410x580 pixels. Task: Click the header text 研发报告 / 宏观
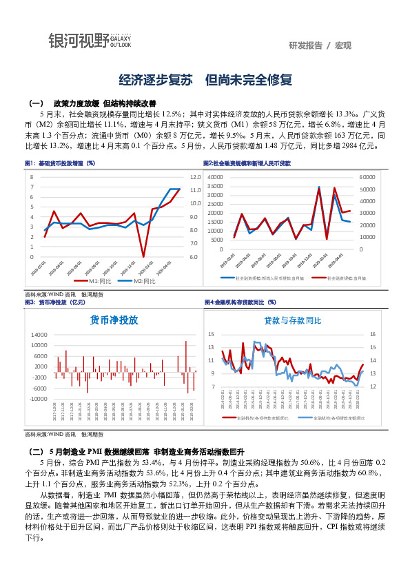(x=320, y=45)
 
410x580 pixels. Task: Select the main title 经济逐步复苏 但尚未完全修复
(x=205, y=81)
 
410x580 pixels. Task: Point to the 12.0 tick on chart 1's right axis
(x=194, y=177)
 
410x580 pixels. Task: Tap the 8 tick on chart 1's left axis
(x=32, y=177)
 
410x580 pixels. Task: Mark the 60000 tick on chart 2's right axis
(x=367, y=176)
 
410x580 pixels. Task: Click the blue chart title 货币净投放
(x=114, y=320)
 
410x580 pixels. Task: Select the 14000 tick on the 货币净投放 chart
(x=39, y=334)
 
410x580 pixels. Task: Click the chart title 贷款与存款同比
(x=292, y=320)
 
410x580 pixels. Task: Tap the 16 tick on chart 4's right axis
(x=372, y=334)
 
